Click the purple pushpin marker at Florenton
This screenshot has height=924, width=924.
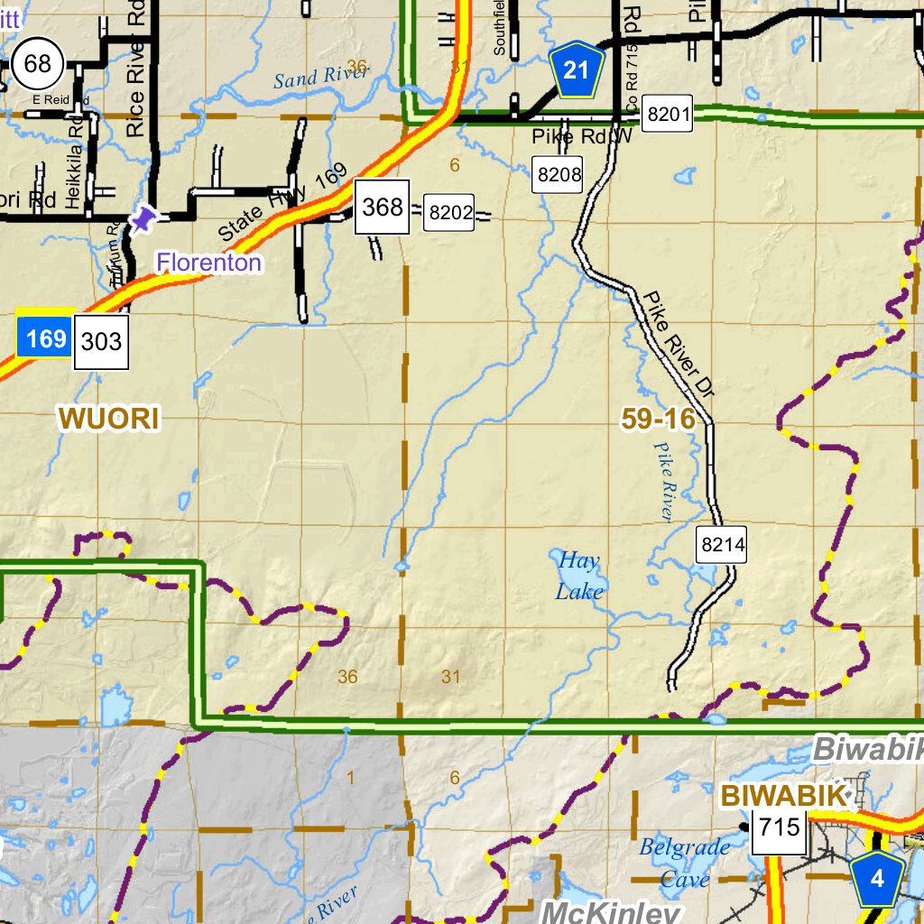click(143, 219)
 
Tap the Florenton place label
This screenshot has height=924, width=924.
click(209, 263)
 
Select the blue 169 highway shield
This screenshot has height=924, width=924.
click(44, 338)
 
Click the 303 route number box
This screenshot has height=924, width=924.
click(101, 342)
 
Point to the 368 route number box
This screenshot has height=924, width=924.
click(382, 208)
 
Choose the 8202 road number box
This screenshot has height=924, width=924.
click(450, 213)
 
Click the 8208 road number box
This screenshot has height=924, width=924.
click(558, 174)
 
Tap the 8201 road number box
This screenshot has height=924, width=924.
click(669, 115)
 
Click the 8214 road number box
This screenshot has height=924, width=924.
click(723, 544)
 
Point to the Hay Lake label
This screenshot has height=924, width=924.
click(578, 576)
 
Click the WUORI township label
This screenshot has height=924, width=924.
click(109, 418)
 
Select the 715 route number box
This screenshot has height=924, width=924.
click(781, 826)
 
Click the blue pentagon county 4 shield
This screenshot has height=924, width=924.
click(877, 878)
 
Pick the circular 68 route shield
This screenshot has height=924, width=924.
click(38, 64)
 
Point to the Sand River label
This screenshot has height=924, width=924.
click(320, 77)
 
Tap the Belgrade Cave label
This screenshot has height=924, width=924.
click(684, 863)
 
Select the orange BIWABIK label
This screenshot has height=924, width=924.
click(784, 796)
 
